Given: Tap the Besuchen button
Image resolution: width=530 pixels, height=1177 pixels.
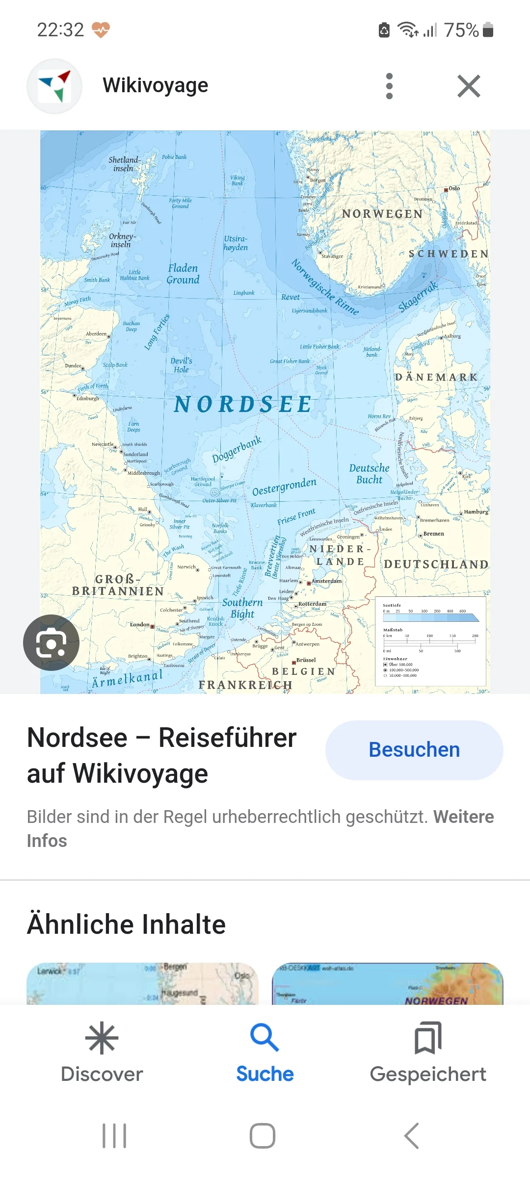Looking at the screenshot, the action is [x=414, y=750].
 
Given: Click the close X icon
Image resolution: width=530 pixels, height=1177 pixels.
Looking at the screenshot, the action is [x=469, y=86].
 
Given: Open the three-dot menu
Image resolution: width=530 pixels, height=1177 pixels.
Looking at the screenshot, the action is [x=390, y=86].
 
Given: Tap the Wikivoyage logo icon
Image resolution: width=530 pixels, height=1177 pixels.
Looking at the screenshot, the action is [x=54, y=86].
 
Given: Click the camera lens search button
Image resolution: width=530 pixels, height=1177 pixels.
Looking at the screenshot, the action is [x=51, y=642].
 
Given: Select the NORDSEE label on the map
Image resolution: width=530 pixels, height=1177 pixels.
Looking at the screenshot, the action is [x=243, y=405].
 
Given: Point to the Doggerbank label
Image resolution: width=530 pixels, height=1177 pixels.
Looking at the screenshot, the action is [x=237, y=450].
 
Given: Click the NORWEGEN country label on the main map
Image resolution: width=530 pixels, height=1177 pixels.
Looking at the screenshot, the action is [x=382, y=214].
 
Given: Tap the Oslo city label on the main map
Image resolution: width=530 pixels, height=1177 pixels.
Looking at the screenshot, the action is [x=454, y=188].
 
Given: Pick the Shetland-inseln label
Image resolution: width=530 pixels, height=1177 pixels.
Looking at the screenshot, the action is [x=124, y=164].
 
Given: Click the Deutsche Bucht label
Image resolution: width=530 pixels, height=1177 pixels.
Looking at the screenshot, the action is [x=369, y=474].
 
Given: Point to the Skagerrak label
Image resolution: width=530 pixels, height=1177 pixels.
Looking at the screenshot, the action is [x=418, y=296].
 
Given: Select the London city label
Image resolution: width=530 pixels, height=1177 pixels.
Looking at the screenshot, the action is [x=140, y=624].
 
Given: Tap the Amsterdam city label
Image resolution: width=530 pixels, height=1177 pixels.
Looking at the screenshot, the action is [x=326, y=581].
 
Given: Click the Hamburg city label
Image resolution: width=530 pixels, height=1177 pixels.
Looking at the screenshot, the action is [x=476, y=512].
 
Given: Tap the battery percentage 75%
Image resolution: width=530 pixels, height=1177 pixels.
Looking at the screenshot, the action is [x=461, y=30].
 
